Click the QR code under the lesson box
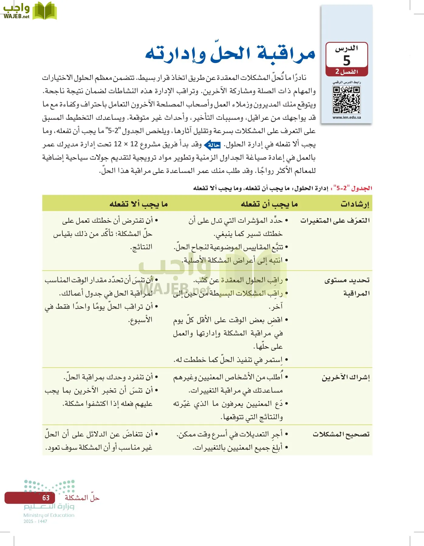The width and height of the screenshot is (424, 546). [346, 100]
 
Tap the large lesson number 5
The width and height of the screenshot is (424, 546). [347, 61]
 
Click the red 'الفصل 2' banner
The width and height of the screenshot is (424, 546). [347, 72]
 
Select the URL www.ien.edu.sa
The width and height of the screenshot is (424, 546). [347, 117]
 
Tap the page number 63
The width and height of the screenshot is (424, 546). [46, 498]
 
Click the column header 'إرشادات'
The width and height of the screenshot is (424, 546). [355, 204]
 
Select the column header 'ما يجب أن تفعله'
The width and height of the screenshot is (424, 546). [269, 204]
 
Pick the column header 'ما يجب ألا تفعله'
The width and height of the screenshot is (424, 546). [138, 204]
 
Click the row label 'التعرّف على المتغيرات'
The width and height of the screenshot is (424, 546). [335, 221]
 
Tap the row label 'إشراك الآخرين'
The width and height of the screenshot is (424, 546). [346, 378]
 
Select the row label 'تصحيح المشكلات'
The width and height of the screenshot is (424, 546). [341, 434]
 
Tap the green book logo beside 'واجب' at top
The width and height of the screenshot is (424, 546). [45, 11]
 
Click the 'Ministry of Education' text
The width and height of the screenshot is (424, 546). [49, 515]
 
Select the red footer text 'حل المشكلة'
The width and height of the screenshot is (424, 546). [82, 498]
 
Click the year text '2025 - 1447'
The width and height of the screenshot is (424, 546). [35, 521]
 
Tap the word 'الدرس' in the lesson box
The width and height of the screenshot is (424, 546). [347, 48]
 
